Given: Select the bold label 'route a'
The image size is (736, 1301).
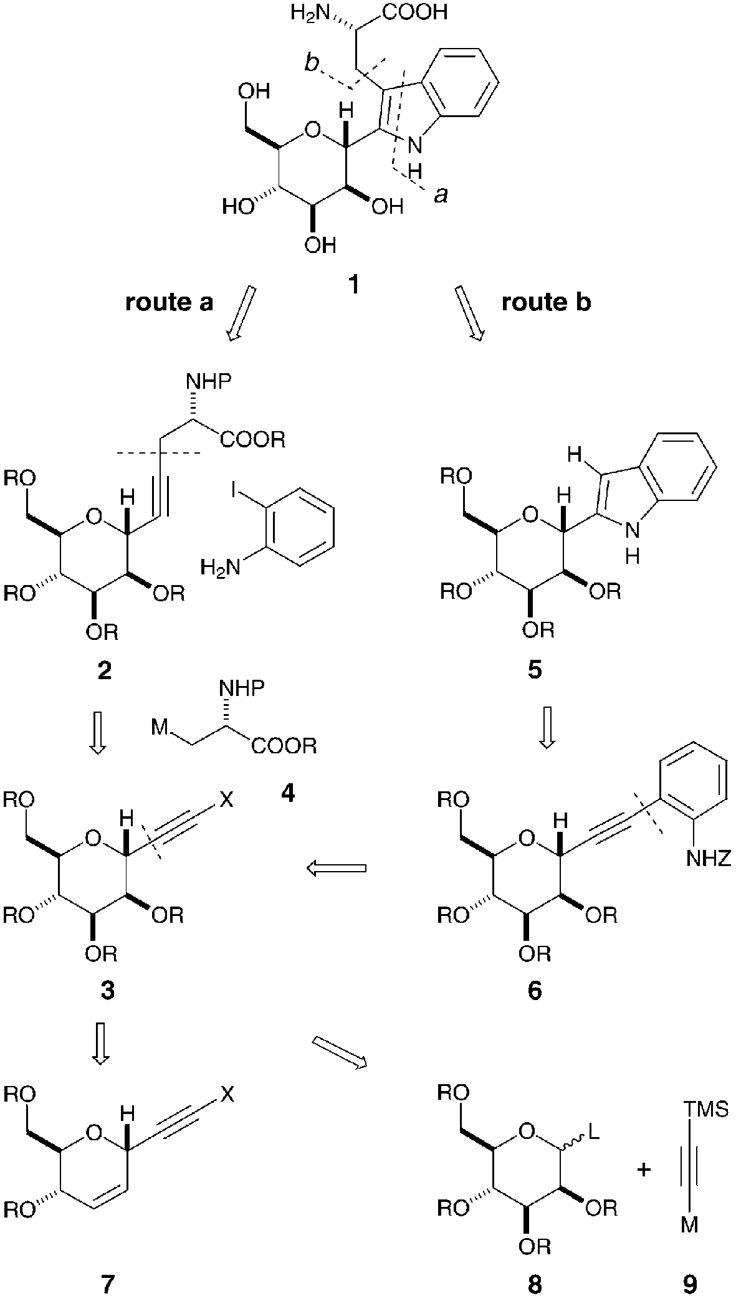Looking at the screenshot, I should (170, 302).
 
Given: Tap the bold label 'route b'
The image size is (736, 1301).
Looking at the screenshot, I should (546, 302).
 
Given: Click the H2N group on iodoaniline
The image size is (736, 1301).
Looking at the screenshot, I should (217, 567).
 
